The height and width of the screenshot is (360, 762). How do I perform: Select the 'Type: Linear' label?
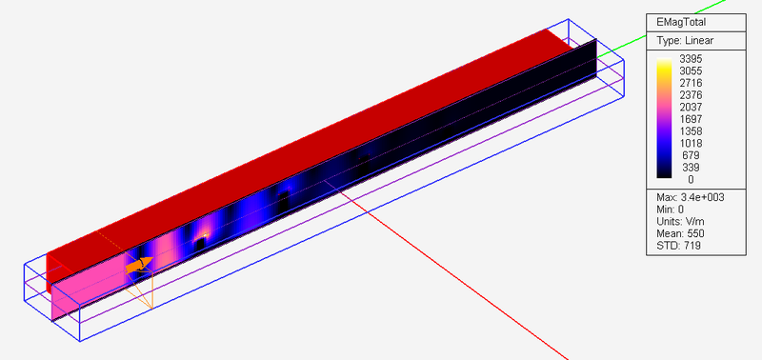684,41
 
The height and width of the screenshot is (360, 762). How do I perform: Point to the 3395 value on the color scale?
691,59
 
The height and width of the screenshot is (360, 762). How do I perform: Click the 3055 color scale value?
691,70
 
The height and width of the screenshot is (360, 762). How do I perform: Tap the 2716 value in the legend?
691,83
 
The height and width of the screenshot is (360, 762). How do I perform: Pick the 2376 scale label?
691,94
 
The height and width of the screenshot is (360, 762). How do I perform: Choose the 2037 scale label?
691,107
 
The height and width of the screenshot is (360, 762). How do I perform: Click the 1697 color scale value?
691,119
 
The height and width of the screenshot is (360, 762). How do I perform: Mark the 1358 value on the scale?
691,130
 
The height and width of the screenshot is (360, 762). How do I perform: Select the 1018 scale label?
691,143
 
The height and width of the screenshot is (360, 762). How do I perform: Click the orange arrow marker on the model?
138,264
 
